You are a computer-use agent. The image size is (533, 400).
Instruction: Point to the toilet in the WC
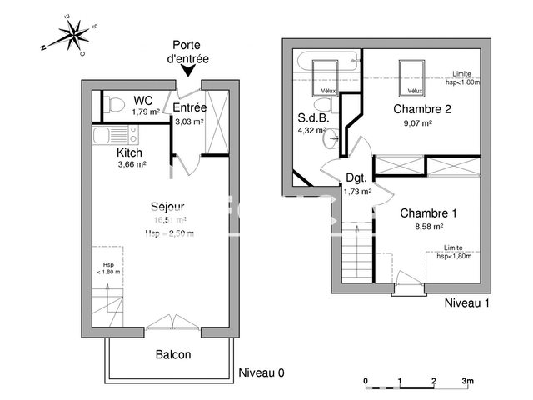click(x=116, y=103)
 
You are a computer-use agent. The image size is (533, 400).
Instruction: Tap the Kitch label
click(x=129, y=152)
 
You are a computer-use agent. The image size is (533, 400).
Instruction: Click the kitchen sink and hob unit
click(x=117, y=134)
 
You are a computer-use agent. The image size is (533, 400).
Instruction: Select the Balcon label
click(x=173, y=354)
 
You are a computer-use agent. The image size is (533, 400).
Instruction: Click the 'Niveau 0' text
click(x=261, y=372)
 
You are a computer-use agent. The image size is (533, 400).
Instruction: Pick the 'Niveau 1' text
click(x=466, y=302)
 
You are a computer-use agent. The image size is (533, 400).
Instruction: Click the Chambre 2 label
click(x=422, y=109)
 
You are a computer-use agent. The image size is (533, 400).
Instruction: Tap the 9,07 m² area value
click(x=417, y=122)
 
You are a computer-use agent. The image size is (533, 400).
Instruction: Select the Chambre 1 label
click(x=428, y=212)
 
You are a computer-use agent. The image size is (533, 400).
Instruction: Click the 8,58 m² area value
click(x=428, y=225)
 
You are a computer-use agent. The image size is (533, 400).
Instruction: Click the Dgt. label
click(x=356, y=177)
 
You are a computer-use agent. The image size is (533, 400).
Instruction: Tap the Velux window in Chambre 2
click(x=410, y=77)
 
